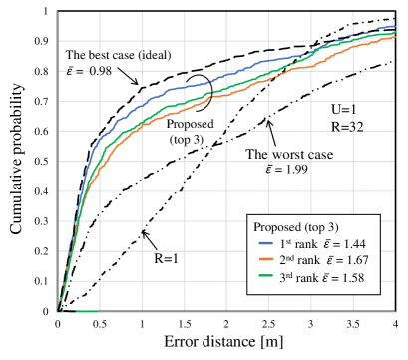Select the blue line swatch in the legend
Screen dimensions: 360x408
(x=265, y=244)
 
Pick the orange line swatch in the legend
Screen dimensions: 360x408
(x=265, y=261)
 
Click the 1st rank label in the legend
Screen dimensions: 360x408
(x=296, y=244)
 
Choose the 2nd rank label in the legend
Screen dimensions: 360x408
(x=298, y=261)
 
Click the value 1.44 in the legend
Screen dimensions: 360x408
(x=356, y=244)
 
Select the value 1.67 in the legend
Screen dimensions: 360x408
(x=356, y=261)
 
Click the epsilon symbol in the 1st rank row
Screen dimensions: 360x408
(x=326, y=244)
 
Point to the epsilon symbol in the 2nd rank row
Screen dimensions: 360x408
(x=326, y=261)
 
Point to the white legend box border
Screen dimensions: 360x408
(x=247, y=254)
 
